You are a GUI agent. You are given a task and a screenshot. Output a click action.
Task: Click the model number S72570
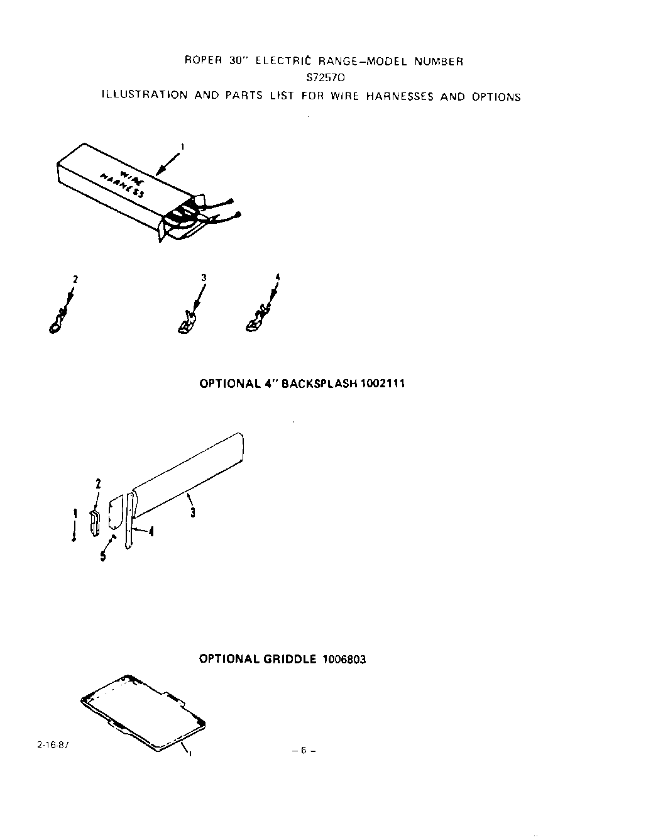point(326,79)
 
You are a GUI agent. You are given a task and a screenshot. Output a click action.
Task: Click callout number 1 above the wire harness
point(182,147)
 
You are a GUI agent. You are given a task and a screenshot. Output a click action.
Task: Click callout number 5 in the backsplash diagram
point(102,556)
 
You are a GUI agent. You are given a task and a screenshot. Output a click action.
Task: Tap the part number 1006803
point(344,659)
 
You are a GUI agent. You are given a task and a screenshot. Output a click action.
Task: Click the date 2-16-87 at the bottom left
point(49,743)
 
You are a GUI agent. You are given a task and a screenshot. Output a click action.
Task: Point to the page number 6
point(303,750)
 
